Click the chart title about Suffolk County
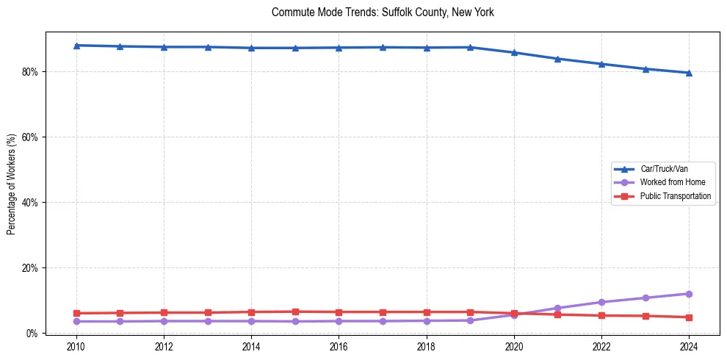pos(383,12)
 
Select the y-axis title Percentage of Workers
pos(11,184)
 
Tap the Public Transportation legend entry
pos(675,196)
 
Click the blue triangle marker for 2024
pos(689,73)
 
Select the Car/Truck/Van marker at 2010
pos(76,46)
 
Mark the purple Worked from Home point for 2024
pos(689,294)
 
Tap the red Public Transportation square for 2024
pos(689,317)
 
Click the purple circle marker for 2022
pos(601,302)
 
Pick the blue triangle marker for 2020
pos(514,52)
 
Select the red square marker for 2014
pos(251,312)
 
